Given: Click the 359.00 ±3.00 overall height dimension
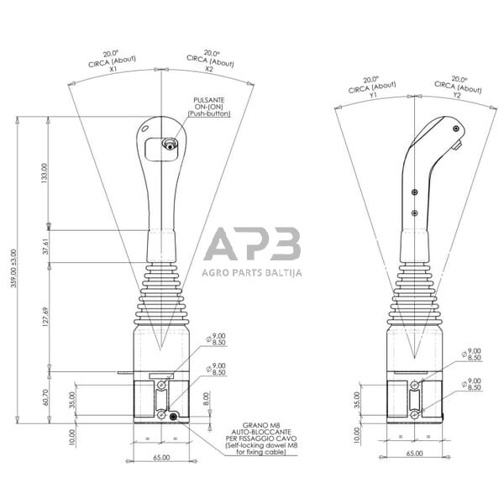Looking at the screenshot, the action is click(x=14, y=269).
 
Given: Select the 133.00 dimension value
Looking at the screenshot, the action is click(x=44, y=174).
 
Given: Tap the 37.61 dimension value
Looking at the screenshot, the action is click(x=45, y=246).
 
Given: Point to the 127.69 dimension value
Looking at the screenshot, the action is click(x=45, y=318).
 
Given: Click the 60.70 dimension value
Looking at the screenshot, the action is click(x=45, y=397).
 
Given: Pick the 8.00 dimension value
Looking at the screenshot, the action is click(x=206, y=399).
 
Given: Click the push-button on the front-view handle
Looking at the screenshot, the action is click(x=170, y=144).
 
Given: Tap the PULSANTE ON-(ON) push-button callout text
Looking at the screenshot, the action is click(x=209, y=107).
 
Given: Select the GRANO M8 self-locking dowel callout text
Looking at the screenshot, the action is click(x=261, y=438).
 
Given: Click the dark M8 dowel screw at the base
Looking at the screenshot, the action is click(x=174, y=417).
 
